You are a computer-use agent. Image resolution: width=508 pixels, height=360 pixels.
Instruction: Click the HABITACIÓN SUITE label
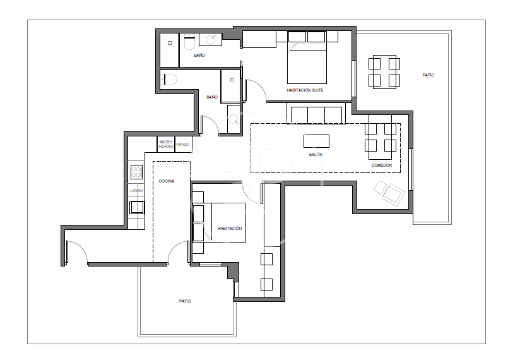pyautogui.click(x=305, y=90)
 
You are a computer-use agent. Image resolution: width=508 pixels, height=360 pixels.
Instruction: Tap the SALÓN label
pyautogui.click(x=316, y=155)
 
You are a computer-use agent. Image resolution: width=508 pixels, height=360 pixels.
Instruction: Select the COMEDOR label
pyautogui.click(x=382, y=165)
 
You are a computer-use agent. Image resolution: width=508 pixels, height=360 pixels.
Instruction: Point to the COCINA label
pyautogui.click(x=167, y=181)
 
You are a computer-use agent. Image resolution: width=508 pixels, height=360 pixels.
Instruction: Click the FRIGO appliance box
pyautogui.click(x=184, y=145)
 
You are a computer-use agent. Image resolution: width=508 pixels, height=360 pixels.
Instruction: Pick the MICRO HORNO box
pyautogui.click(x=166, y=145)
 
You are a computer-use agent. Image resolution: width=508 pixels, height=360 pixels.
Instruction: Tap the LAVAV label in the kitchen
pyautogui.click(x=136, y=191)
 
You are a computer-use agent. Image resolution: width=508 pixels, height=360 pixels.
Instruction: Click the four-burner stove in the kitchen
pyautogui.click(x=136, y=172)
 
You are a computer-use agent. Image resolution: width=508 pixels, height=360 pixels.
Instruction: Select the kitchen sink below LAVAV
pyautogui.click(x=137, y=208)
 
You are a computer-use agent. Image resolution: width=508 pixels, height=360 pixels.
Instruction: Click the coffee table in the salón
pyautogui.click(x=316, y=141)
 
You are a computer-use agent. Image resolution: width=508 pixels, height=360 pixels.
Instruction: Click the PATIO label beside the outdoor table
pyautogui.click(x=428, y=75)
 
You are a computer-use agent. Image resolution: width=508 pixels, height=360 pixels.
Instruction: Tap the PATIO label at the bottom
pyautogui.click(x=185, y=301)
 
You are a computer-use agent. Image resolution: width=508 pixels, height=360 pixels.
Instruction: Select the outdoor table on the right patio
pyautogui.click(x=384, y=72)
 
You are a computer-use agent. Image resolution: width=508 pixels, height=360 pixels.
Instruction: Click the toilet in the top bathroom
pyautogui.click(x=189, y=42)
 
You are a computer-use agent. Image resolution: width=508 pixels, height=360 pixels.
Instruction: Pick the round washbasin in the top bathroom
pyautogui.click(x=211, y=40)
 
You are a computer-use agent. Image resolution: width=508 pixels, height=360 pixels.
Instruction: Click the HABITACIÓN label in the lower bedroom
pyautogui.click(x=230, y=229)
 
